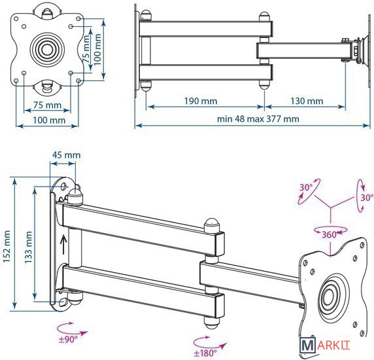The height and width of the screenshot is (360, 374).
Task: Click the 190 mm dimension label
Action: point(201,101)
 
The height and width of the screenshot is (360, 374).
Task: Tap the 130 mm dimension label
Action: point(307,101)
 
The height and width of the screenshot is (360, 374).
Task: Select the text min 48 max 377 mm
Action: point(258,118)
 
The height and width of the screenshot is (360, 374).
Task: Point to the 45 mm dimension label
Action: point(66,155)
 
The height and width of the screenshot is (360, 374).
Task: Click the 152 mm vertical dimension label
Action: point(7,247)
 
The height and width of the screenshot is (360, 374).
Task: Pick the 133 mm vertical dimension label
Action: point(28,247)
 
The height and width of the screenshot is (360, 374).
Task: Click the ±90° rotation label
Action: point(68,339)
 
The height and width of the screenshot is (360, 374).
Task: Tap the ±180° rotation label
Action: point(205,353)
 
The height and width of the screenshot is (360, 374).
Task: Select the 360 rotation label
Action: point(329,235)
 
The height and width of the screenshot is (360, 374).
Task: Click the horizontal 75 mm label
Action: point(47,105)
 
